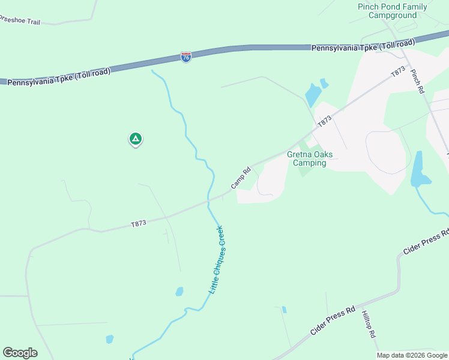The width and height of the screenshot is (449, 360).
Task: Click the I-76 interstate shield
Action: [x=186, y=57]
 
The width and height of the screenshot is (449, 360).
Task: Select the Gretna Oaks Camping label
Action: [x=310, y=158]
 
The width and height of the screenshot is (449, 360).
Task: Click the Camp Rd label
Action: [x=240, y=177]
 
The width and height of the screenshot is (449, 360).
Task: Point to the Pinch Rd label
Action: [x=418, y=81]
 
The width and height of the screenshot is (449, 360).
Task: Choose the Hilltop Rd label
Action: [x=368, y=324]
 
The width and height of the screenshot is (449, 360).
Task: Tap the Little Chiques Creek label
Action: [x=216, y=259]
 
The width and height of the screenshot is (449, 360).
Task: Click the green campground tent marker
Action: [x=136, y=139]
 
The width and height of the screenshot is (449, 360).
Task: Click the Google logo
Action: [x=20, y=353]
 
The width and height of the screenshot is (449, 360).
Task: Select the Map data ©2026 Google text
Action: [x=412, y=355]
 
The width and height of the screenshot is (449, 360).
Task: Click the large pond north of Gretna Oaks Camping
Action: [x=313, y=95]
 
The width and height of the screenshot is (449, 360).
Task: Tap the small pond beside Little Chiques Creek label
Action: [x=179, y=292]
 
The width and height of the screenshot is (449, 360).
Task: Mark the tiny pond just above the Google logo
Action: [x=109, y=339]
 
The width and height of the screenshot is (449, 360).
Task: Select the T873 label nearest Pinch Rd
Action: [x=397, y=71]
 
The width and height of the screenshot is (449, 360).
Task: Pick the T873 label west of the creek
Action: [x=139, y=223]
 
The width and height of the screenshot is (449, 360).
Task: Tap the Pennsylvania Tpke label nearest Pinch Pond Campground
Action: [x=363, y=46]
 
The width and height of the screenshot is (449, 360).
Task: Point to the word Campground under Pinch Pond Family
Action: [x=392, y=15]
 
